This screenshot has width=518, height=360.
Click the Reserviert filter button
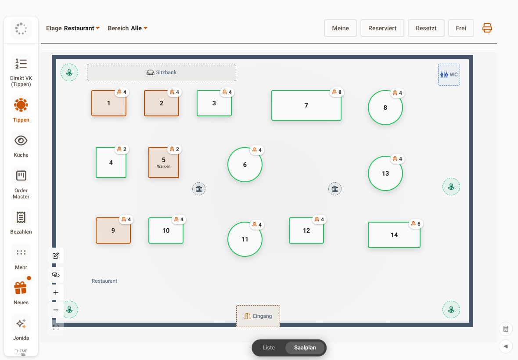[382, 28]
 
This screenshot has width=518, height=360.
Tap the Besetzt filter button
[426, 28]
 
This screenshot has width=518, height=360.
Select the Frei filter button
[461, 28]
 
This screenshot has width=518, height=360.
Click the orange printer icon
[487, 28]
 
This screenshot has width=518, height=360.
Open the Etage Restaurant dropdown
[73, 28]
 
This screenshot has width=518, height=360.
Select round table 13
[385, 173]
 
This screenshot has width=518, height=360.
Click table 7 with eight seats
[306, 105]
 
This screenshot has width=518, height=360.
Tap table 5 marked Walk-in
[164, 162]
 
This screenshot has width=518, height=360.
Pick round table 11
[245, 239]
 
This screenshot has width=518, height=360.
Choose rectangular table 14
[394, 235]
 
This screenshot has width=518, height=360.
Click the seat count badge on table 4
[122, 149]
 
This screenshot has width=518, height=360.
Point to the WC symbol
[449, 75]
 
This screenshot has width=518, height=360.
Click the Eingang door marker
[258, 316]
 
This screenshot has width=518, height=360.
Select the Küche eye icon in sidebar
[21, 140]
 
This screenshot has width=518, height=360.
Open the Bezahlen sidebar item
[21, 221]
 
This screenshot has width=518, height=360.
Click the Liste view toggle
[269, 347]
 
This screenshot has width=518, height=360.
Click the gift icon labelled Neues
[21, 287]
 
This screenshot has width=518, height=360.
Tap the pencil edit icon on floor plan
[55, 256]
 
